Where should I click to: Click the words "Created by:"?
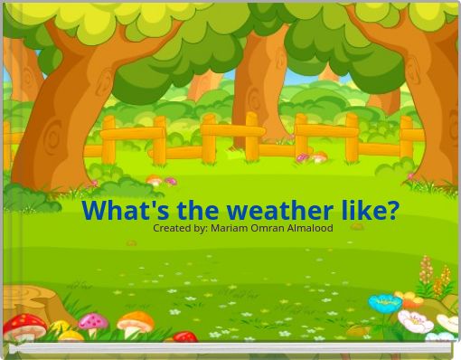tap(179, 228)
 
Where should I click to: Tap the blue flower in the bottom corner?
tap(385, 302)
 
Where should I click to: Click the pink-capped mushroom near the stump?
tap(92, 322)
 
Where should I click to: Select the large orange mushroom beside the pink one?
tap(136, 321)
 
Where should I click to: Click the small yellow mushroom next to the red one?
tap(60, 327)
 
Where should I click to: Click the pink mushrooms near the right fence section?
tap(311, 157)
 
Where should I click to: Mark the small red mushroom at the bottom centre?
tap(184, 337)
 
